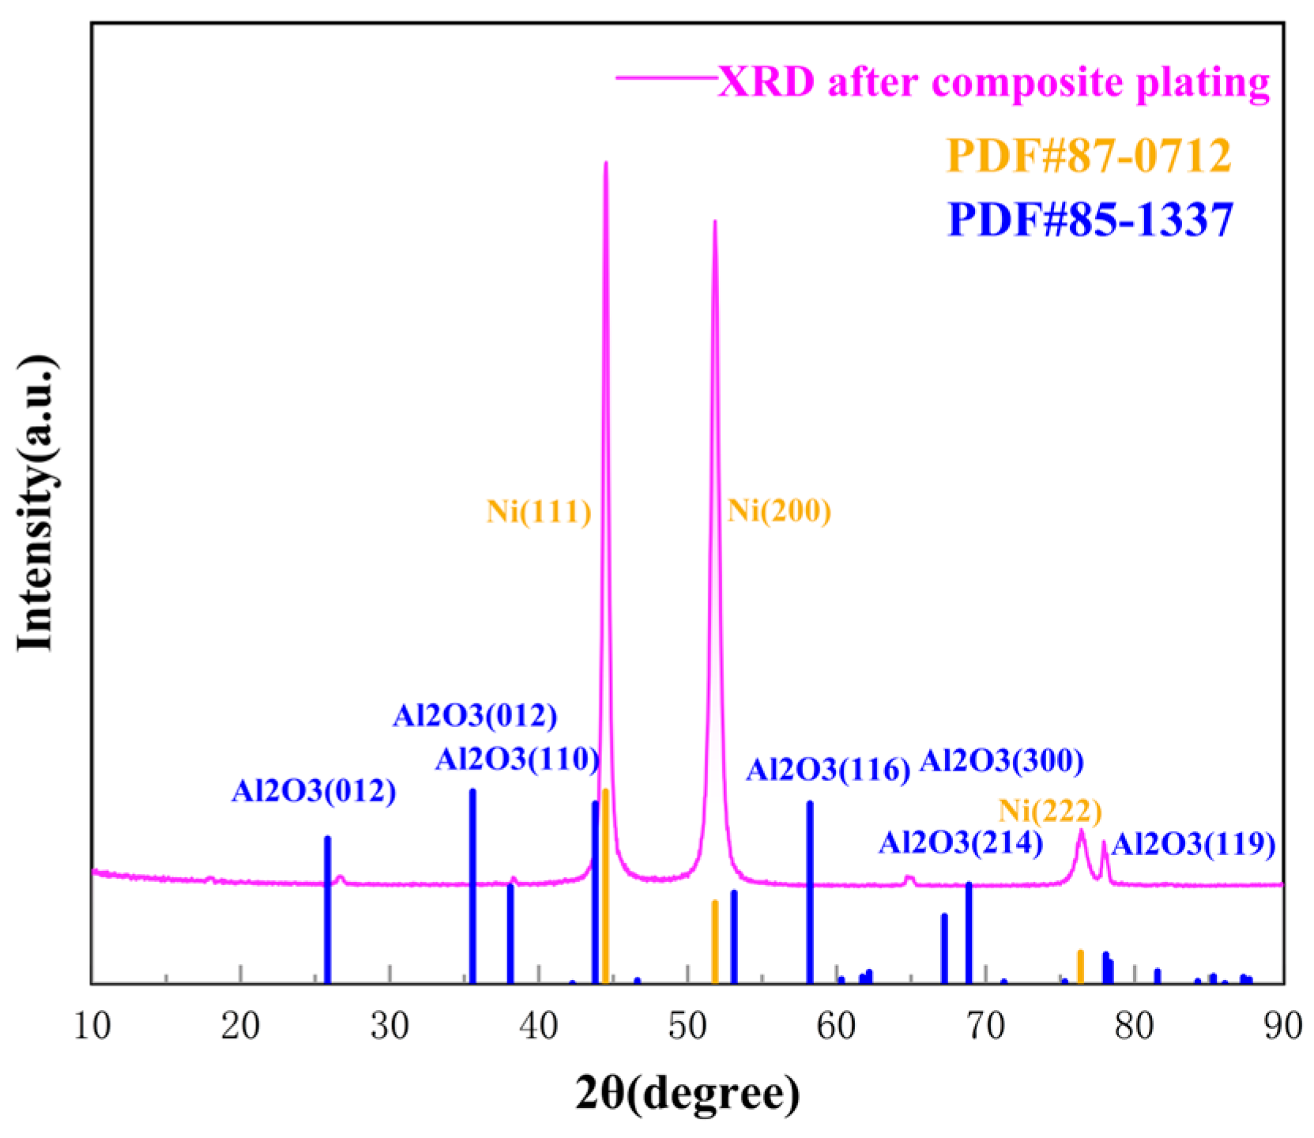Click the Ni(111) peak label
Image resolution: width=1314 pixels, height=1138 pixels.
(x=539, y=512)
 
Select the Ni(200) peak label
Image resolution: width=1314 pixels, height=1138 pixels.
(x=779, y=511)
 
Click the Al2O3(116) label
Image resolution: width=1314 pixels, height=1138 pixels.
(x=828, y=770)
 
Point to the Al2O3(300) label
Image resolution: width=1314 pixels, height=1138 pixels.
(x=1001, y=761)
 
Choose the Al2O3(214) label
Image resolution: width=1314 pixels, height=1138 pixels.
(x=960, y=843)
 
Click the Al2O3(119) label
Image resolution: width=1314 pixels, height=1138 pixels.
(x=1193, y=846)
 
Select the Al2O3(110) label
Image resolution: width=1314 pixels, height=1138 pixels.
(x=517, y=759)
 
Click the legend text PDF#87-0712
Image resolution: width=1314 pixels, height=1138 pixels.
(x=1089, y=156)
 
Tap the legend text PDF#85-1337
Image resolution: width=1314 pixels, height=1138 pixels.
(x=1090, y=220)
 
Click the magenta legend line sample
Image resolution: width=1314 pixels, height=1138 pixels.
(x=665, y=77)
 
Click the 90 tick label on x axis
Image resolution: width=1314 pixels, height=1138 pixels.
(x=1282, y=1027)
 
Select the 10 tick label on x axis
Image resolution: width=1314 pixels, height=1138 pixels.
(x=92, y=1027)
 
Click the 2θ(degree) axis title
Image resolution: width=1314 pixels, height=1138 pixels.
(x=687, y=1095)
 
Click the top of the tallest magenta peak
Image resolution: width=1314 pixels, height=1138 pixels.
(x=605, y=164)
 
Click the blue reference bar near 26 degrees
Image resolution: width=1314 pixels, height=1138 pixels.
(x=327, y=909)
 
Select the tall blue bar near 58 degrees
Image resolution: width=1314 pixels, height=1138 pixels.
(x=810, y=891)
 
